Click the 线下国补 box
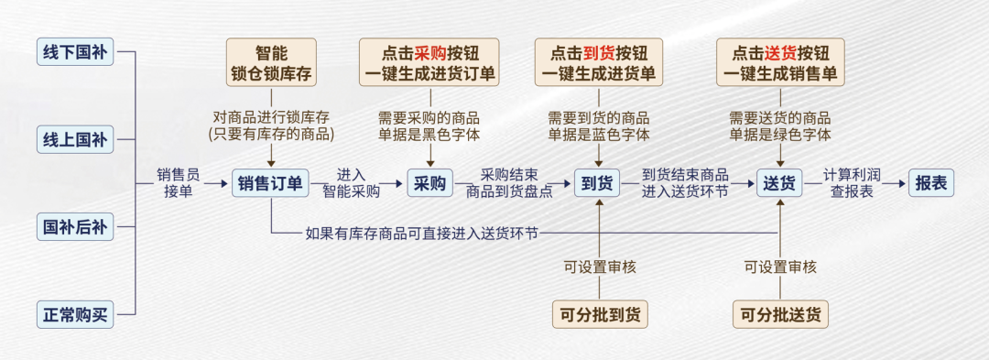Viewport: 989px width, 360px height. coord(75,52)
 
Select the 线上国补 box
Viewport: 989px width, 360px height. coord(75,140)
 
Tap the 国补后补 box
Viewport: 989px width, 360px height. coord(75,226)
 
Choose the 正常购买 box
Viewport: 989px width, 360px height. coord(75,316)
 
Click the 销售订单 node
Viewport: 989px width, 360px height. coord(270,183)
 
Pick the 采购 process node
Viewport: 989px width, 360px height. coord(429,183)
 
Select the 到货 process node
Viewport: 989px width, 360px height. coord(597,183)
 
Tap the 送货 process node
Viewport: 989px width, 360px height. coord(779,183)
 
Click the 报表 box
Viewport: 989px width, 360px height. coord(931,183)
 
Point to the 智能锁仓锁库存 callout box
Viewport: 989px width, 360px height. coord(271,62)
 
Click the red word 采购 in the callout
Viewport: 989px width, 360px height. coord(429,52)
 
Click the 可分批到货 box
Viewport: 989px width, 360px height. coord(599,314)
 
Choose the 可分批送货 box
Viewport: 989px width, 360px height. coord(780,314)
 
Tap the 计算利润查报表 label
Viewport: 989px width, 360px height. coord(852,183)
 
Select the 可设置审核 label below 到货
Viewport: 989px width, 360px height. coord(600,267)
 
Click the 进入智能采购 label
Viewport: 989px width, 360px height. coord(351,183)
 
